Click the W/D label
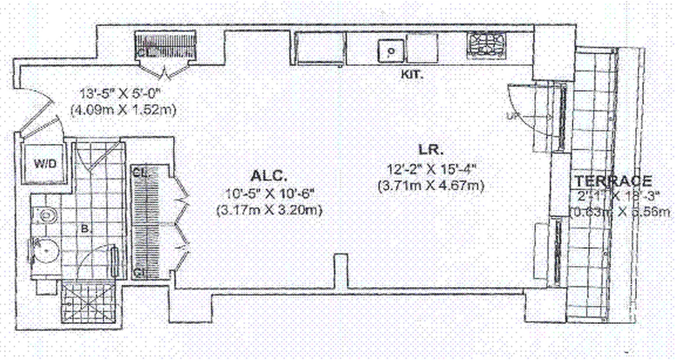(45, 164)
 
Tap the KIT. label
(412, 75)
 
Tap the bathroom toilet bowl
(45, 252)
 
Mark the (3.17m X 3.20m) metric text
(270, 210)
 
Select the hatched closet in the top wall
(166, 45)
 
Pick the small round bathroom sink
(45, 215)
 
